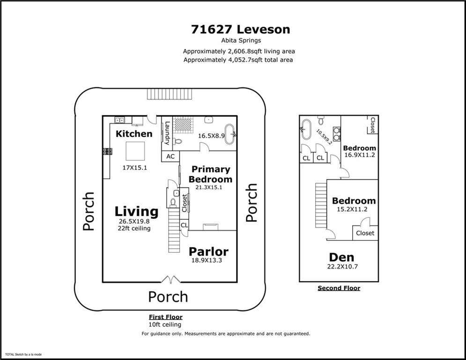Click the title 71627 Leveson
pyautogui.click(x=240, y=30)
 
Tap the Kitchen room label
pyautogui.click(x=134, y=134)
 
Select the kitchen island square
pyautogui.click(x=135, y=151)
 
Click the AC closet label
pyautogui.click(x=170, y=157)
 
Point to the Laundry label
pyautogui.click(x=167, y=133)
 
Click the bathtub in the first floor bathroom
pyautogui.click(x=229, y=135)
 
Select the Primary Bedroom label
pyautogui.click(x=210, y=174)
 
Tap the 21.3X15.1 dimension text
pyautogui.click(x=208, y=187)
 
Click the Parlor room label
pyautogui.click(x=208, y=252)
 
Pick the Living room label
pyautogui.click(x=136, y=211)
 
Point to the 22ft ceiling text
pyautogui.click(x=134, y=228)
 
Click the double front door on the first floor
pyautogui.click(x=171, y=279)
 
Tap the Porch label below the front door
pyautogui.click(x=168, y=297)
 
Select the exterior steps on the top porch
pyautogui.click(x=170, y=94)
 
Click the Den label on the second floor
pyautogui.click(x=341, y=257)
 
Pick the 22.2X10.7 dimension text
pyautogui.click(x=342, y=267)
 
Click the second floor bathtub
pyautogui.click(x=306, y=129)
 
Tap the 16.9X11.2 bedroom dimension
pyautogui.click(x=360, y=155)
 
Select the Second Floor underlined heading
pyautogui.click(x=339, y=288)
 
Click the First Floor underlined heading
pyautogui.click(x=165, y=317)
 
